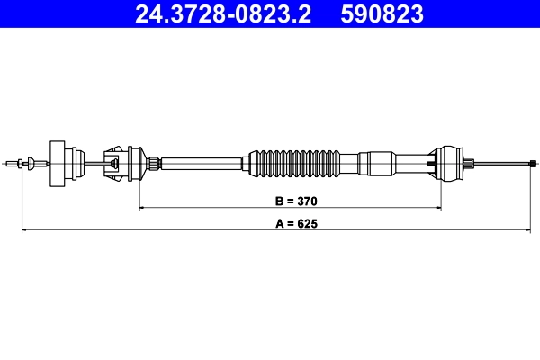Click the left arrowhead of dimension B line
(143, 208)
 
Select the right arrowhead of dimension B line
(438, 208)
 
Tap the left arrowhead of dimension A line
(24, 231)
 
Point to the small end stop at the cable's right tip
(533, 163)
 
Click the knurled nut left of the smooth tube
(157, 163)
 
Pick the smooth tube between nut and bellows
(202, 163)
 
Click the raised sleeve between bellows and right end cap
(377, 163)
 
